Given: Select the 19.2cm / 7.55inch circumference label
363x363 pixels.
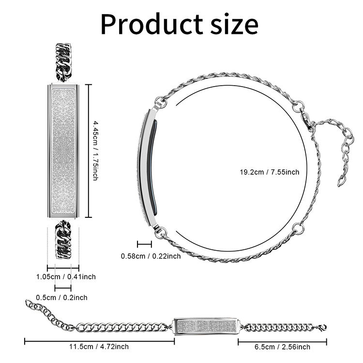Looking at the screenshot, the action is coord(270,172).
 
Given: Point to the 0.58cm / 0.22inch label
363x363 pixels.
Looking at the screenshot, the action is coord(151,256).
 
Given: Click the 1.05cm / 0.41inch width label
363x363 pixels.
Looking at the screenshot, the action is coord(66,277).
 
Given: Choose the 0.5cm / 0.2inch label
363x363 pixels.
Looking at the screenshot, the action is coord(62,298).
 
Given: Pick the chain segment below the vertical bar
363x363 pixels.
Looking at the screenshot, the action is coord(63,240).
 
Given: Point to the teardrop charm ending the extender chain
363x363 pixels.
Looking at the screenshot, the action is coord(342,181).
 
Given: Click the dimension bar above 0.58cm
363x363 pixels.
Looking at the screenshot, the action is coord(144,244).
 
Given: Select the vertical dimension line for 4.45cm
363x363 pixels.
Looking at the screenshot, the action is coord(88,151).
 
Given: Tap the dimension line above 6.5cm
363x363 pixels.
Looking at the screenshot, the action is coord(282,341).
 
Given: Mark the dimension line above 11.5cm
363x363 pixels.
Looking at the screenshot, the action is coord(99,341).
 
